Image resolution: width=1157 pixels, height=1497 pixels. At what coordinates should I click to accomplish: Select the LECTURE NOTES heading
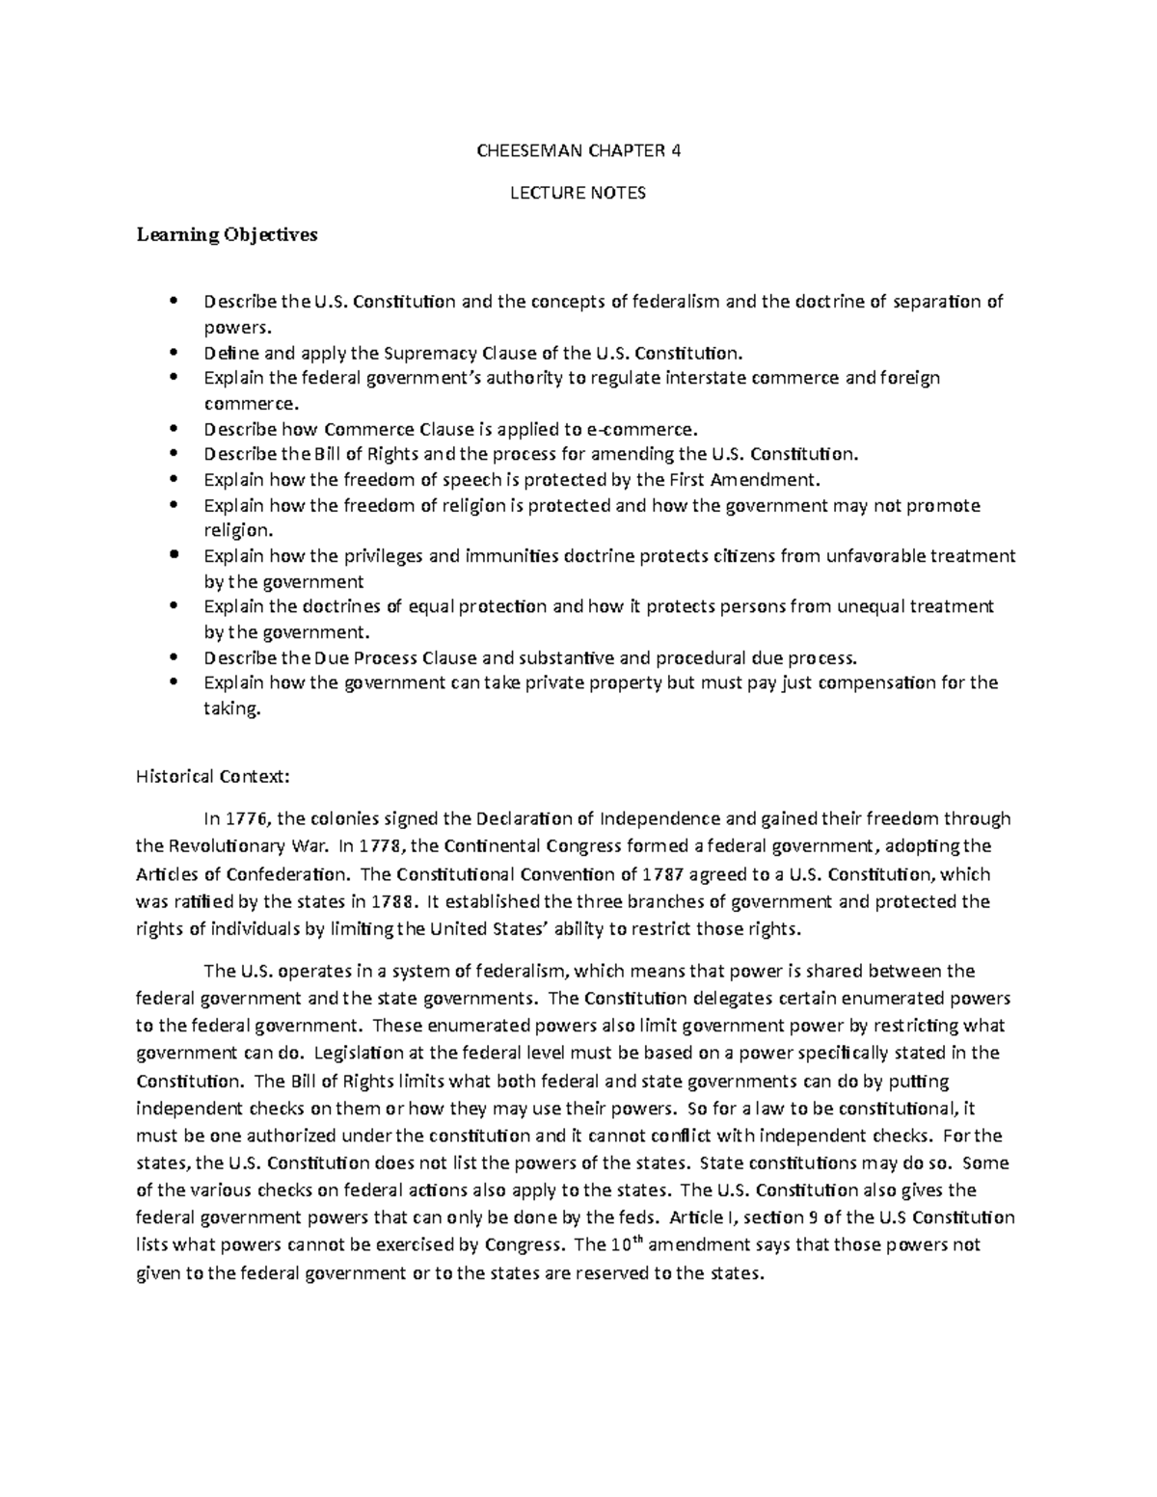point(578,193)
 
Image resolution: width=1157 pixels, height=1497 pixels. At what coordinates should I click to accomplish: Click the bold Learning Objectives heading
point(227,234)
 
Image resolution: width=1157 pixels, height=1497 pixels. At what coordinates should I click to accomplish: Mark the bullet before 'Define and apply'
point(174,352)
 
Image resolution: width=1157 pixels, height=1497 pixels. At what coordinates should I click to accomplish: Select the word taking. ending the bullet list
point(232,708)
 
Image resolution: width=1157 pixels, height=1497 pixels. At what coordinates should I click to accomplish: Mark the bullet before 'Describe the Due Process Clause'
point(174,657)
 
